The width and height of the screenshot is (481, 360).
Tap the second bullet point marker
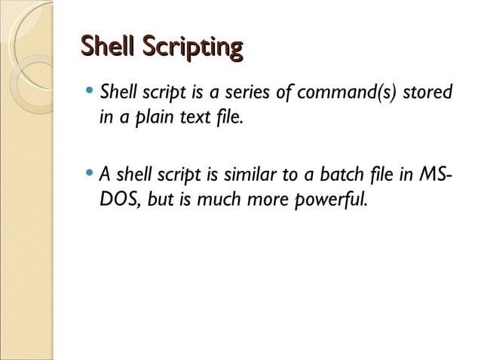click(90, 176)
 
